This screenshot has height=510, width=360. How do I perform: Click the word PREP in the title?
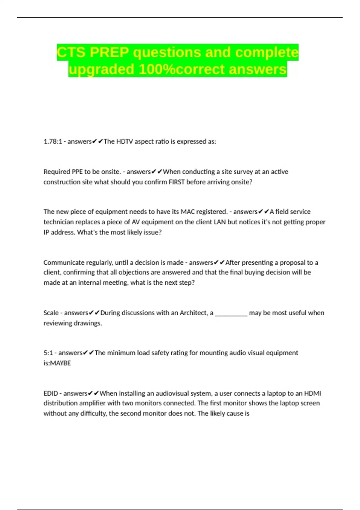(109, 52)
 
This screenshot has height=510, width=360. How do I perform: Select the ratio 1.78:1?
(52, 141)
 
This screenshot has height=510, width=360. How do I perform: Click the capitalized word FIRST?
(177, 182)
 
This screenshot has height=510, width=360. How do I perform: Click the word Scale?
(51, 313)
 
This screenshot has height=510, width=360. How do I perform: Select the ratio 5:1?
(48, 353)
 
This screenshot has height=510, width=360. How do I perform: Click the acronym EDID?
(51, 393)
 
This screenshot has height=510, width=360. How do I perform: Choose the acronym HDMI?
(313, 393)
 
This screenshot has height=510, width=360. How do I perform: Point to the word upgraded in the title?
(101, 69)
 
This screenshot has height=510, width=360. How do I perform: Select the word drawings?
(89, 323)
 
